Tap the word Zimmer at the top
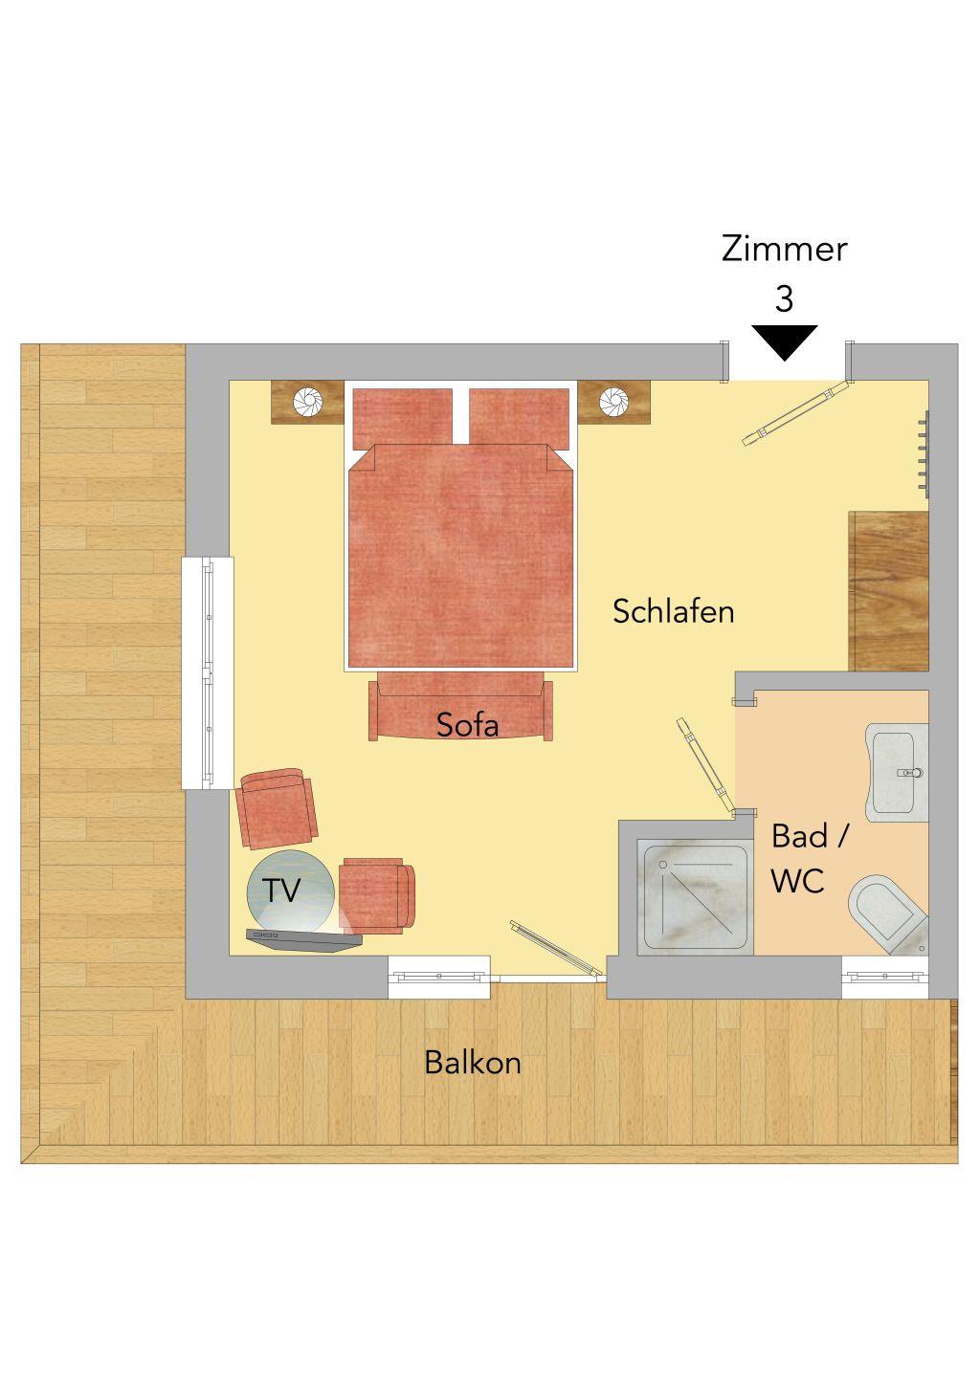coord(784,250)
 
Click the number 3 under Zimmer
coord(784,298)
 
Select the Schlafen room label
coord(674,611)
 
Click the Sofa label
coord(467,724)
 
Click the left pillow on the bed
coord(402,419)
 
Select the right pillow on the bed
coord(519,419)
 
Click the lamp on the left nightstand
coord(307,402)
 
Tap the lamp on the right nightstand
coord(614,402)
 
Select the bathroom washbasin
coord(897,773)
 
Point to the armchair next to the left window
coord(277,808)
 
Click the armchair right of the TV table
coord(378,894)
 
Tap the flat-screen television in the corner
coord(303,941)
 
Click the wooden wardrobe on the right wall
coord(888,591)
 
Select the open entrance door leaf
coord(797,412)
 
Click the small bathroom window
coord(885,977)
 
